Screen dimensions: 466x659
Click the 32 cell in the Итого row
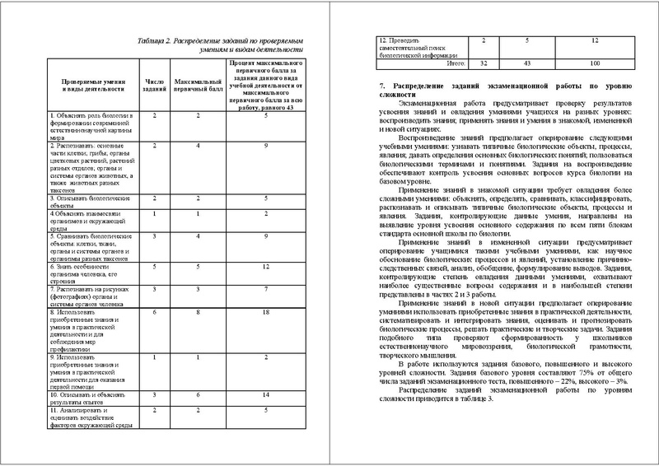(x=484, y=63)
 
